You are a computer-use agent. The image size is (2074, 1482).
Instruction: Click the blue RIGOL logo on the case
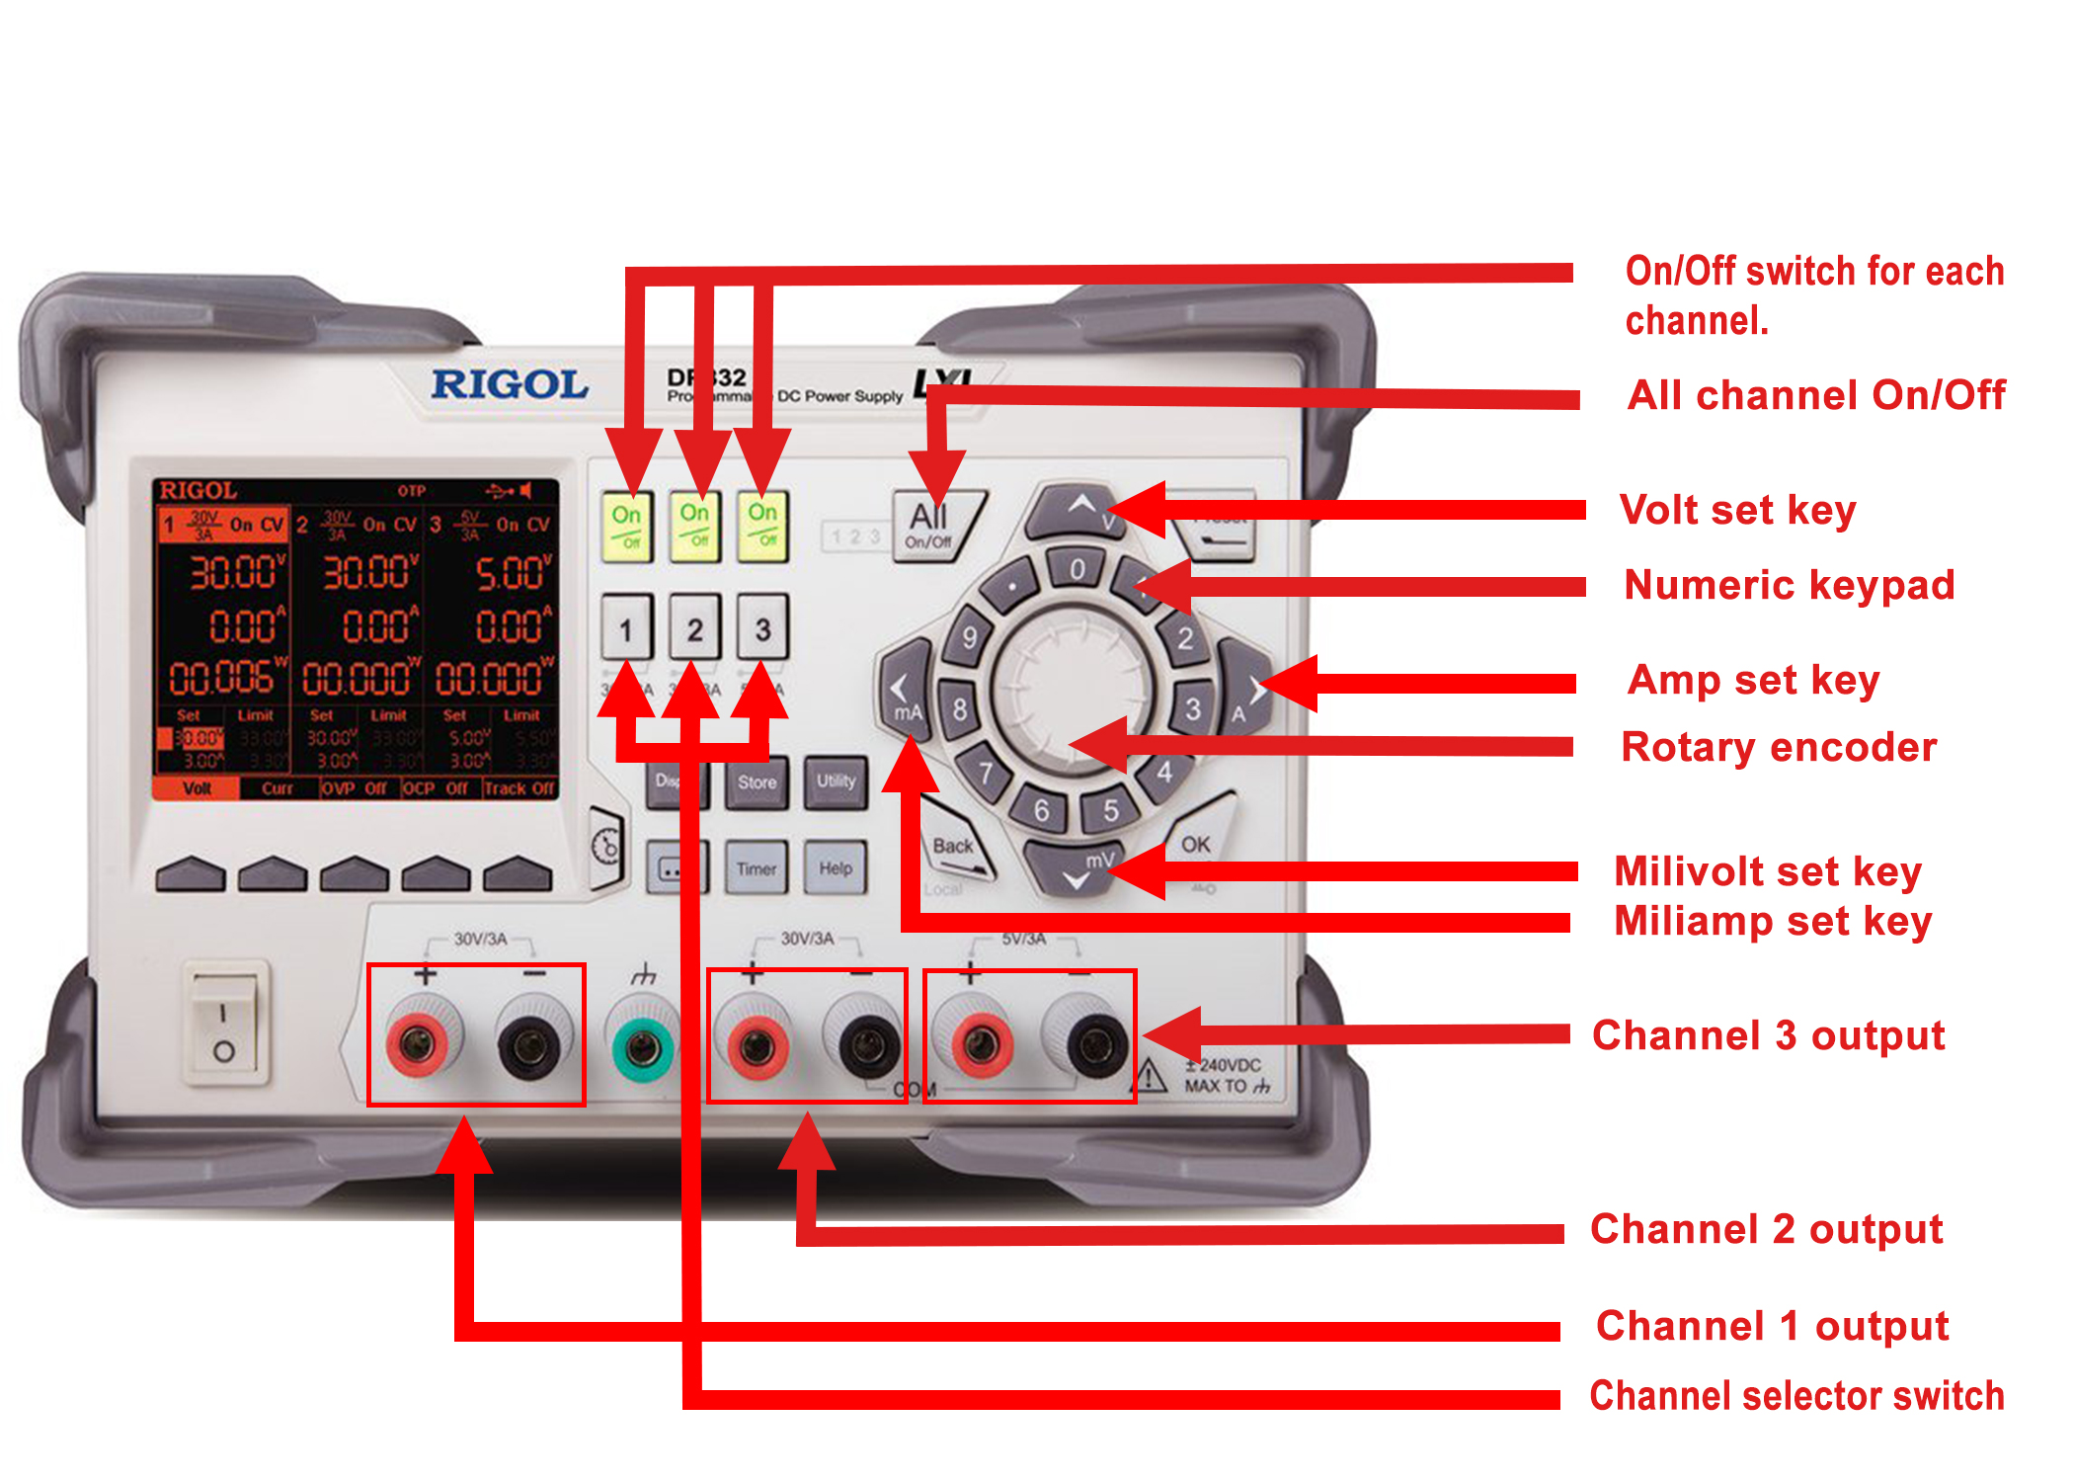[510, 384]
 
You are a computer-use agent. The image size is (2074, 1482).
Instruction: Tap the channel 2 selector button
[695, 628]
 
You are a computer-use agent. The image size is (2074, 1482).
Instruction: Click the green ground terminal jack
[642, 1045]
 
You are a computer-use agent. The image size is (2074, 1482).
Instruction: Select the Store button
[757, 782]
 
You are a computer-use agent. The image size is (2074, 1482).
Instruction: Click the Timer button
[757, 868]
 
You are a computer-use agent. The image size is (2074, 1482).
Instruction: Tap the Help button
[836, 868]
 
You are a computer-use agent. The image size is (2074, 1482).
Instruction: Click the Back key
[954, 847]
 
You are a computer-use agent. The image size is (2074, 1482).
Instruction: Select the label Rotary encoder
[1778, 747]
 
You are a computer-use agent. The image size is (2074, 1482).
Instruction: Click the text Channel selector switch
[1795, 1395]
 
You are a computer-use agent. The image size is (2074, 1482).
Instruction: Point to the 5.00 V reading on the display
[510, 573]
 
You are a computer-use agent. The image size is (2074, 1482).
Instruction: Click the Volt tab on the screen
[197, 788]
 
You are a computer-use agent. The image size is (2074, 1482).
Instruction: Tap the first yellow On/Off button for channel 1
[627, 527]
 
